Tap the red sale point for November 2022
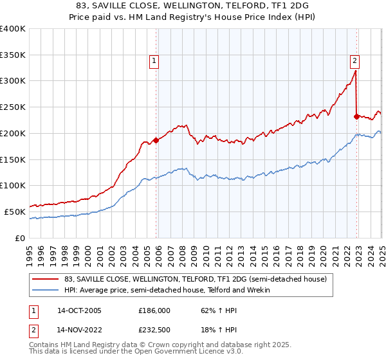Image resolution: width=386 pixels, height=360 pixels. click(x=356, y=116)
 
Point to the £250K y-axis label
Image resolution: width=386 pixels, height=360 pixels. click(x=13, y=107)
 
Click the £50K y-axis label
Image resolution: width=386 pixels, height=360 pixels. click(x=15, y=212)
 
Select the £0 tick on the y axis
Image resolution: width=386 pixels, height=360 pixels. click(x=21, y=238)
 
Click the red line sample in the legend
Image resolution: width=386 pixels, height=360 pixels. click(x=45, y=279)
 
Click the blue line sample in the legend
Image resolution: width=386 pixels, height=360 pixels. click(x=45, y=290)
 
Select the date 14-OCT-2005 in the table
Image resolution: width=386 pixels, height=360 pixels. click(x=79, y=310)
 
